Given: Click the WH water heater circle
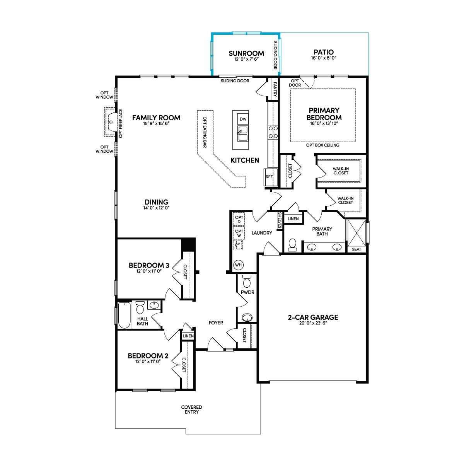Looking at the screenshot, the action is pyautogui.click(x=238, y=265).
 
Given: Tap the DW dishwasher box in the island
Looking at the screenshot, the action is pyautogui.click(x=243, y=119).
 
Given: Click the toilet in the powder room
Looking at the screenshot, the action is pyautogui.click(x=247, y=281).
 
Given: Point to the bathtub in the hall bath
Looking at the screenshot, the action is pyautogui.click(x=124, y=315).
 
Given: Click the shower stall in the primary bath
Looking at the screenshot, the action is pyautogui.click(x=357, y=233).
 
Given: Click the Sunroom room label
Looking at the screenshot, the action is pyautogui.click(x=246, y=53).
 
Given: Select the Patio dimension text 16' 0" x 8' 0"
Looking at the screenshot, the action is pyautogui.click(x=324, y=58).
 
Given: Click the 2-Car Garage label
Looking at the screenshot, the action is pyautogui.click(x=313, y=317).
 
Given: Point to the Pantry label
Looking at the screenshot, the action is pyautogui.click(x=275, y=89).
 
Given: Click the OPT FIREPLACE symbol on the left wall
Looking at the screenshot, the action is pyautogui.click(x=111, y=122).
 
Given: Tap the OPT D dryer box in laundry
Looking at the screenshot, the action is pyautogui.click(x=239, y=219).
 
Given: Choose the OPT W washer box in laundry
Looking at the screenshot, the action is pyautogui.click(x=239, y=233).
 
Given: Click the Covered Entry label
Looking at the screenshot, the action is pyautogui.click(x=192, y=409).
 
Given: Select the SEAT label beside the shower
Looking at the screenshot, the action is pyautogui.click(x=357, y=249).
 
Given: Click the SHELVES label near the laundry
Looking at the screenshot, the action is pyautogui.click(x=280, y=220).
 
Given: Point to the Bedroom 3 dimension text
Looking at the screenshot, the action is pyautogui.click(x=149, y=271).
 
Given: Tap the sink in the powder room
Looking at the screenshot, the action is pyautogui.click(x=247, y=317).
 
